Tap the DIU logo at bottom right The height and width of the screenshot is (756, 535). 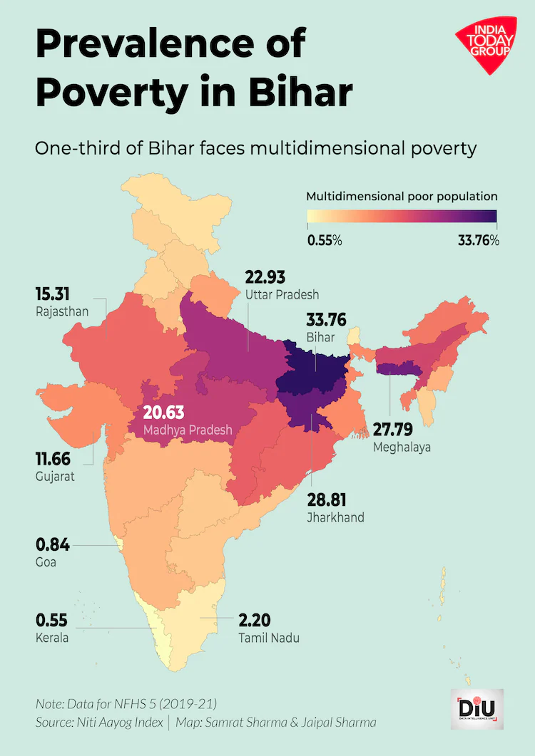[x=477, y=710]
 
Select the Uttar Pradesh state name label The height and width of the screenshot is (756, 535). [x=281, y=294]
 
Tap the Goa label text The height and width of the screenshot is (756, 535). [x=46, y=562]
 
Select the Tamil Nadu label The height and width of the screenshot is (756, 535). [x=269, y=638]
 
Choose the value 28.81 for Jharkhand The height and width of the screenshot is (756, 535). [x=326, y=500]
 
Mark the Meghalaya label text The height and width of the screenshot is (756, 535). [x=402, y=447]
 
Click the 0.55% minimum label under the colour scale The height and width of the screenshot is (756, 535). [x=325, y=241]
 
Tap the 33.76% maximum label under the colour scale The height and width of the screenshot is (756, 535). [x=478, y=241]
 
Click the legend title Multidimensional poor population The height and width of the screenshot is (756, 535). [x=402, y=197]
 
